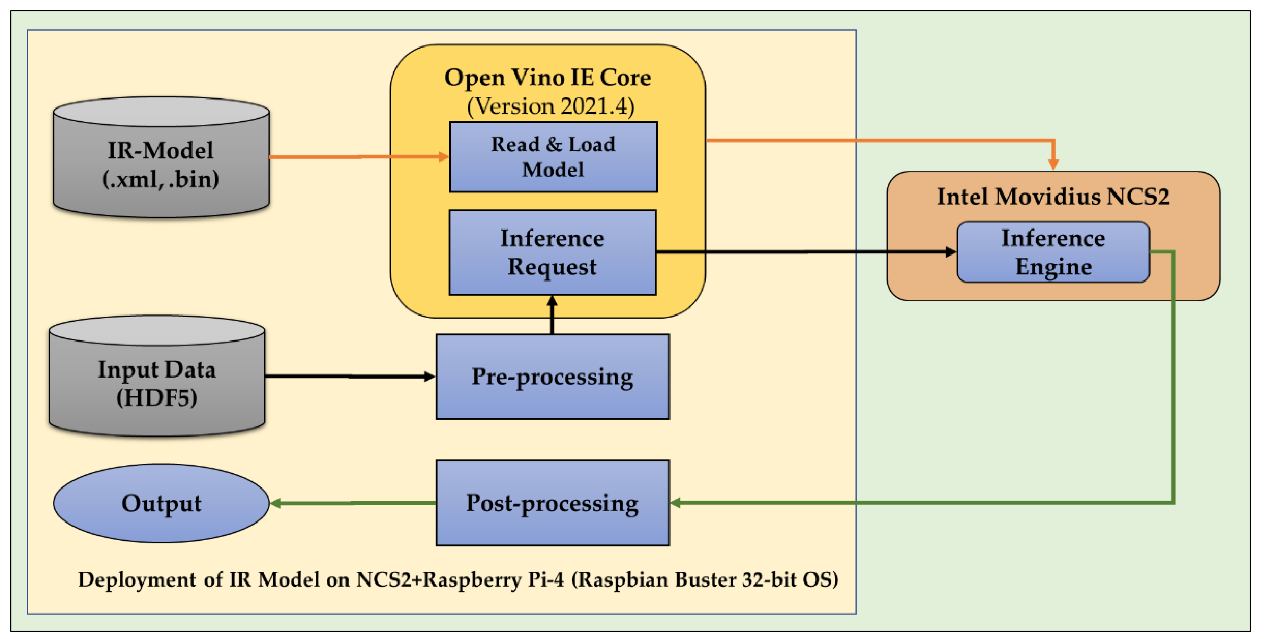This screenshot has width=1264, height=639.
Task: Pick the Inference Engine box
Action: [x=1053, y=252]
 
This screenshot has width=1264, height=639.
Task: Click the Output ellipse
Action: [x=161, y=503]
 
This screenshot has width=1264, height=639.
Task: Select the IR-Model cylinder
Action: [x=161, y=164]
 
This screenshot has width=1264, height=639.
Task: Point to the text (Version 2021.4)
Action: [x=550, y=106]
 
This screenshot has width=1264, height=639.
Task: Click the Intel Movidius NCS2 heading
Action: [x=1053, y=196]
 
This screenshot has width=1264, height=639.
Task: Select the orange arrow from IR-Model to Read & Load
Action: [x=358, y=157]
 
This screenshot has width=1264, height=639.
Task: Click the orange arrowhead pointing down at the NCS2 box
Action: [x=1053, y=163]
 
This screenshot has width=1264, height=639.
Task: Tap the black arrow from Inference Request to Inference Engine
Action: [x=805, y=252]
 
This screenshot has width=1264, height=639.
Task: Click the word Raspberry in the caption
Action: [x=472, y=580]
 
